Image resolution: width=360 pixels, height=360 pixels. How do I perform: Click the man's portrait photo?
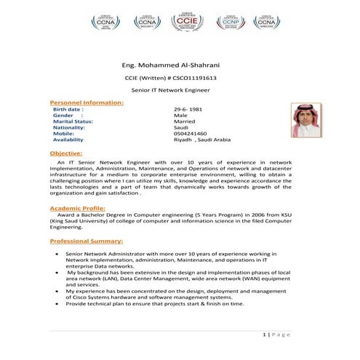point(295,121)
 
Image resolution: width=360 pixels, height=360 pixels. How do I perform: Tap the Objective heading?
point(65,153)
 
